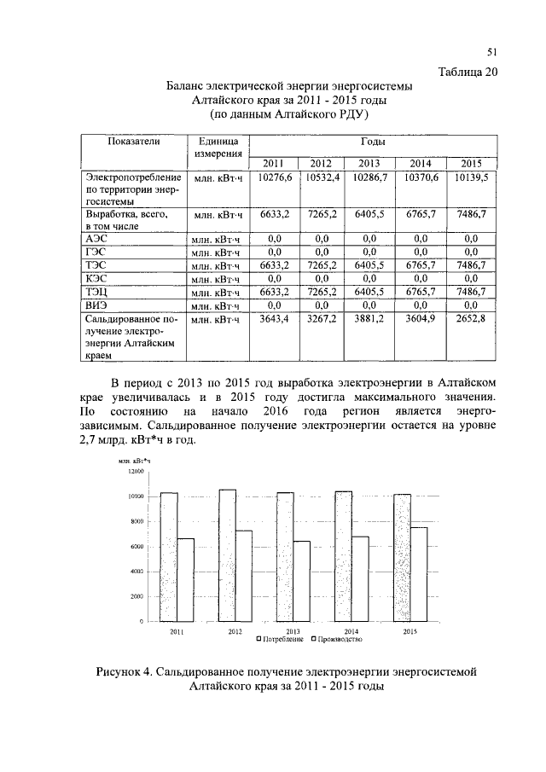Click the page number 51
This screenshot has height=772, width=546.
491,52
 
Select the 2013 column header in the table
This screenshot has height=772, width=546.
369,164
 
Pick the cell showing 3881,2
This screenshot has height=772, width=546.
369,318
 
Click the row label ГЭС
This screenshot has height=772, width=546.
96,252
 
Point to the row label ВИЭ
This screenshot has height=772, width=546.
96,305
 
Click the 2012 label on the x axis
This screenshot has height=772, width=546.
235,631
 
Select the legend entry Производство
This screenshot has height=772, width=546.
341,639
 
